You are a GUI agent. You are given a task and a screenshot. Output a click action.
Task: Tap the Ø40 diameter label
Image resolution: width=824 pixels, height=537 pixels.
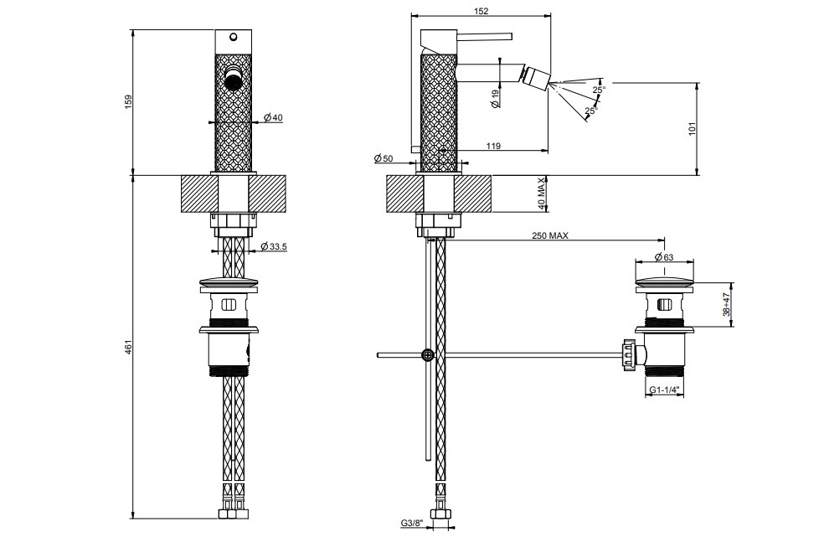click(x=273, y=117)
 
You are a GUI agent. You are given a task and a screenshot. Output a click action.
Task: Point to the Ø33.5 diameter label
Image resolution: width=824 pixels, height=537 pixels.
click(x=275, y=246)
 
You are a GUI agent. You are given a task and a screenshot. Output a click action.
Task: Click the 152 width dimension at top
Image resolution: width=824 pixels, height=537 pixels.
click(x=481, y=11)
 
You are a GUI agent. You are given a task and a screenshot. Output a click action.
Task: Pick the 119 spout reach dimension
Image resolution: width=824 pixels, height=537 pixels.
click(x=493, y=146)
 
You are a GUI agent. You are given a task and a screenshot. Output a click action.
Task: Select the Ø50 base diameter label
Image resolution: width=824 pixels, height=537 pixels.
click(x=384, y=158)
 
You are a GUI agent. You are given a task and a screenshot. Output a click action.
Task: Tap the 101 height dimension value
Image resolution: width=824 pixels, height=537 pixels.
click(x=692, y=129)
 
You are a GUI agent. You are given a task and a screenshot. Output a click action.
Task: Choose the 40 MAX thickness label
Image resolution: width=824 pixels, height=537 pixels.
click(x=542, y=194)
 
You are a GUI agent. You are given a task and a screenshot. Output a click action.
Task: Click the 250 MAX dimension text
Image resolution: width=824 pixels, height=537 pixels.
click(x=549, y=235)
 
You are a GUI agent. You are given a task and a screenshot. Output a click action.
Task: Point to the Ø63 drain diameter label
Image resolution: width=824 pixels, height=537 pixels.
click(x=664, y=256)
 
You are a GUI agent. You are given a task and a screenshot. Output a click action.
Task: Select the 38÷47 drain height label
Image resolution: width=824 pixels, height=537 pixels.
click(x=726, y=305)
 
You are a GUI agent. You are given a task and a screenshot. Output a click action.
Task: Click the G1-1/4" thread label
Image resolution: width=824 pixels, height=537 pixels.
click(x=664, y=390)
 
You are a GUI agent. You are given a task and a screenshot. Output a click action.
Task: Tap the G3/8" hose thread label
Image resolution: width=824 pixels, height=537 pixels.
click(x=411, y=523)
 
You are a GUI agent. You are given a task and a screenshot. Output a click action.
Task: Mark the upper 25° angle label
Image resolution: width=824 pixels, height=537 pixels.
click(x=599, y=90)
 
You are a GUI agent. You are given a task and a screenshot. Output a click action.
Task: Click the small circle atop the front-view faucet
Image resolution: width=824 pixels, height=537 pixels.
click(x=234, y=37)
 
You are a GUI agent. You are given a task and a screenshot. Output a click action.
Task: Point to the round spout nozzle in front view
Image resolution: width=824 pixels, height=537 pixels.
click(x=234, y=78)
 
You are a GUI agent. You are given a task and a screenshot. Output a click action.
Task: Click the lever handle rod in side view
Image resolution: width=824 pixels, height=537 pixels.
click(x=485, y=36)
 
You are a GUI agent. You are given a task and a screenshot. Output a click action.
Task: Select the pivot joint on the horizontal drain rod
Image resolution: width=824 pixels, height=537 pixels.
click(x=429, y=355)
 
